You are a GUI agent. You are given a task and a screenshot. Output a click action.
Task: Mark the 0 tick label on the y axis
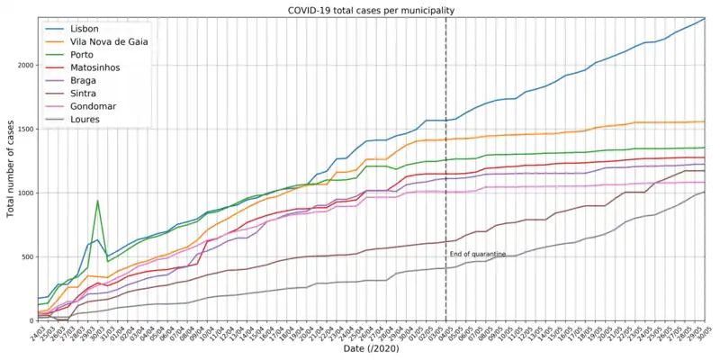click(x=29, y=320)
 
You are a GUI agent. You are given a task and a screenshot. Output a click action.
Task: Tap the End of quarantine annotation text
click(x=477, y=255)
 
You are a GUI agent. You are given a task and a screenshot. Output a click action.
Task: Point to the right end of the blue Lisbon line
click(x=705, y=18)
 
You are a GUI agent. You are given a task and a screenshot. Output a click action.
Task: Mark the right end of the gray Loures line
click(x=705, y=192)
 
